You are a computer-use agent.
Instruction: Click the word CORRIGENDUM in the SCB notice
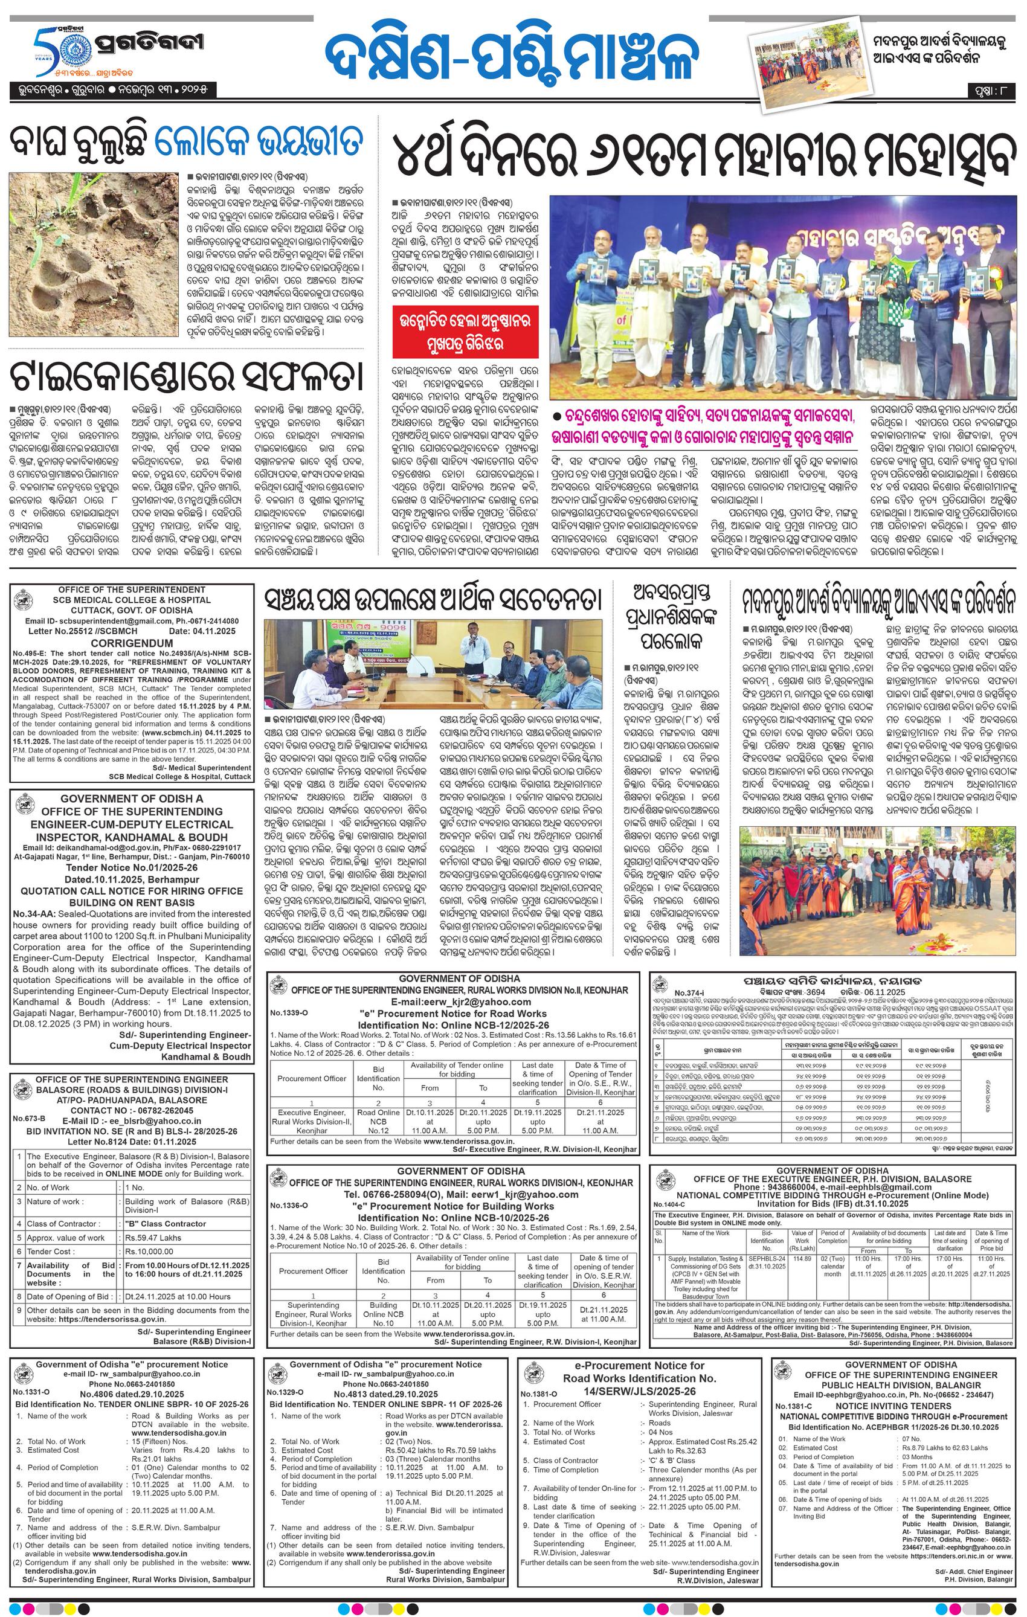[132, 642]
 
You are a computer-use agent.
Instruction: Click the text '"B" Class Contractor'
[164, 1224]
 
